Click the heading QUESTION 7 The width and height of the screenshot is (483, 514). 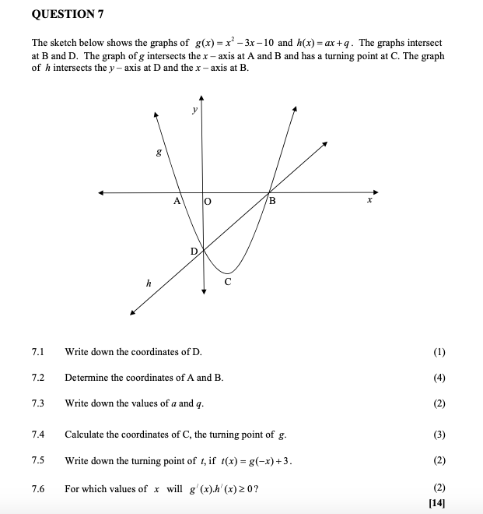pos(68,15)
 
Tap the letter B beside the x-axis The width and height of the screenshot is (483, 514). pos(271,202)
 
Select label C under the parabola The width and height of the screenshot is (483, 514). pos(227,281)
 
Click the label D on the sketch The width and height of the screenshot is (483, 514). pos(194,252)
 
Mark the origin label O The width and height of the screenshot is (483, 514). pos(208,202)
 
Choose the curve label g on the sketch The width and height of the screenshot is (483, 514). pos(159,153)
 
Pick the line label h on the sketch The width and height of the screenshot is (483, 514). pos(148,283)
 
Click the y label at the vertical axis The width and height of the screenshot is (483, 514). pos(194,111)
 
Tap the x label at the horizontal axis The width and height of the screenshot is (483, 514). pos(370,201)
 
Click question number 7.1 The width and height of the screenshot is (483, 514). pos(38,352)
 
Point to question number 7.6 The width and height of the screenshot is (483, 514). pos(38,489)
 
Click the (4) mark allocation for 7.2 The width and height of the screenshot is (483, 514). pos(439,378)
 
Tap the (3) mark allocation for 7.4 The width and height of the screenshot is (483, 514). pos(439,435)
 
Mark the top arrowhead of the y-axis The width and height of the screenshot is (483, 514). pos(201,98)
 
